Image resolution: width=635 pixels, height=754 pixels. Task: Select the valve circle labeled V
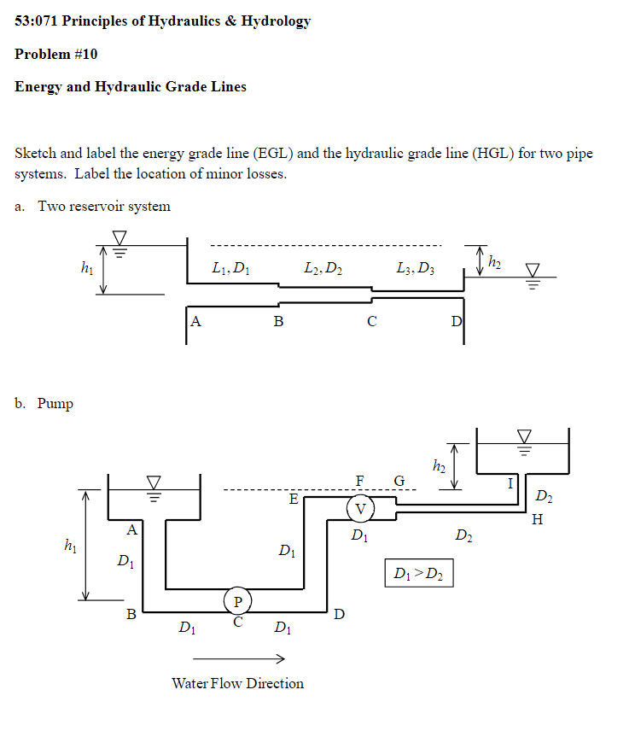click(x=360, y=509)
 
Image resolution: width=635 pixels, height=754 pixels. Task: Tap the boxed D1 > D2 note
click(x=418, y=574)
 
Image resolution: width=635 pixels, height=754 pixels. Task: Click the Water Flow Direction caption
click(x=237, y=683)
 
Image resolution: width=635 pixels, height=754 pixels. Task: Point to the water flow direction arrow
click(x=238, y=658)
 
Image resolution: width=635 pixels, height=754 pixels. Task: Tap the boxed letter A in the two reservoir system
click(x=196, y=321)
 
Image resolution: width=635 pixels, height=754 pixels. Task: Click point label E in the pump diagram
click(x=294, y=499)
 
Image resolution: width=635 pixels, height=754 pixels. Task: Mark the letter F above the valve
click(x=360, y=481)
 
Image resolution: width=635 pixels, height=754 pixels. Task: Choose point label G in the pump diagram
click(x=399, y=481)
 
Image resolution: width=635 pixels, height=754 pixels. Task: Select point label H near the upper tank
click(x=536, y=519)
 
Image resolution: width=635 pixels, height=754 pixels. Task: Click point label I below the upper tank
click(x=510, y=484)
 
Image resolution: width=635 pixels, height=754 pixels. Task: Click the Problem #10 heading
click(x=56, y=54)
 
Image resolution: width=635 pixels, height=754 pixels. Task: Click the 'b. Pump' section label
click(x=44, y=403)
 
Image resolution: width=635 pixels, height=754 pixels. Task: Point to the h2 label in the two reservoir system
click(x=493, y=259)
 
